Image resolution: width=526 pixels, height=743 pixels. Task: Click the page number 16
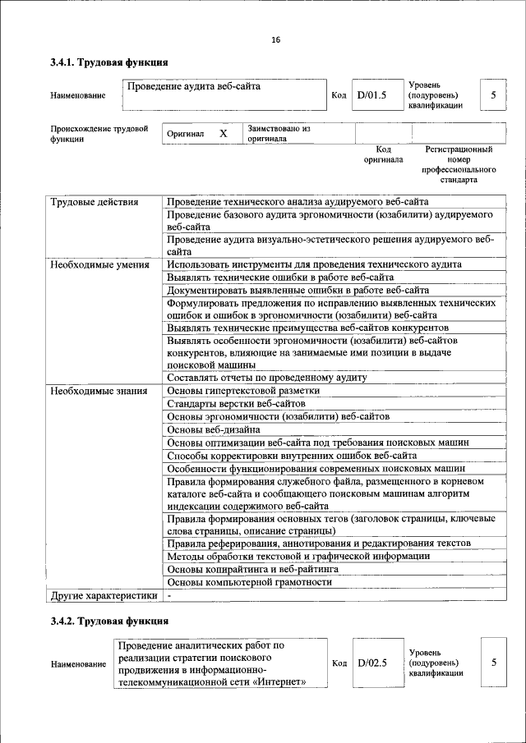point(275,39)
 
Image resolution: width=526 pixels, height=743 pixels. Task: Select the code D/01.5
point(371,95)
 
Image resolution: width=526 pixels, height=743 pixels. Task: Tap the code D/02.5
point(371,663)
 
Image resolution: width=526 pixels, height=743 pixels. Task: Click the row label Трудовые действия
point(94,202)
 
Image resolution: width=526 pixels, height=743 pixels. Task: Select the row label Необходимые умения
point(99,264)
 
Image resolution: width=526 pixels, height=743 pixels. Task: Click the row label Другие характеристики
point(103,594)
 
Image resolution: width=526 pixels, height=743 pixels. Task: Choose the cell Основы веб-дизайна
point(214,429)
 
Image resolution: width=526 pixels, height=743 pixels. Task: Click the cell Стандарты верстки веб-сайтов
point(236,403)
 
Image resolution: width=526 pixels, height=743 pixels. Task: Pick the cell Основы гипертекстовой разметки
point(242,390)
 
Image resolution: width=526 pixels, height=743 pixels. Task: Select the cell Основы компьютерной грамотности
point(249,582)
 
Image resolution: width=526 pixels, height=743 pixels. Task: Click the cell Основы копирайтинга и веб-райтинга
point(252,569)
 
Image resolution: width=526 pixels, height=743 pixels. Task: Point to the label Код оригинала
point(383,154)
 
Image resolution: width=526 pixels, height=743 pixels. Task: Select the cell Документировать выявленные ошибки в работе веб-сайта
point(298,290)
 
